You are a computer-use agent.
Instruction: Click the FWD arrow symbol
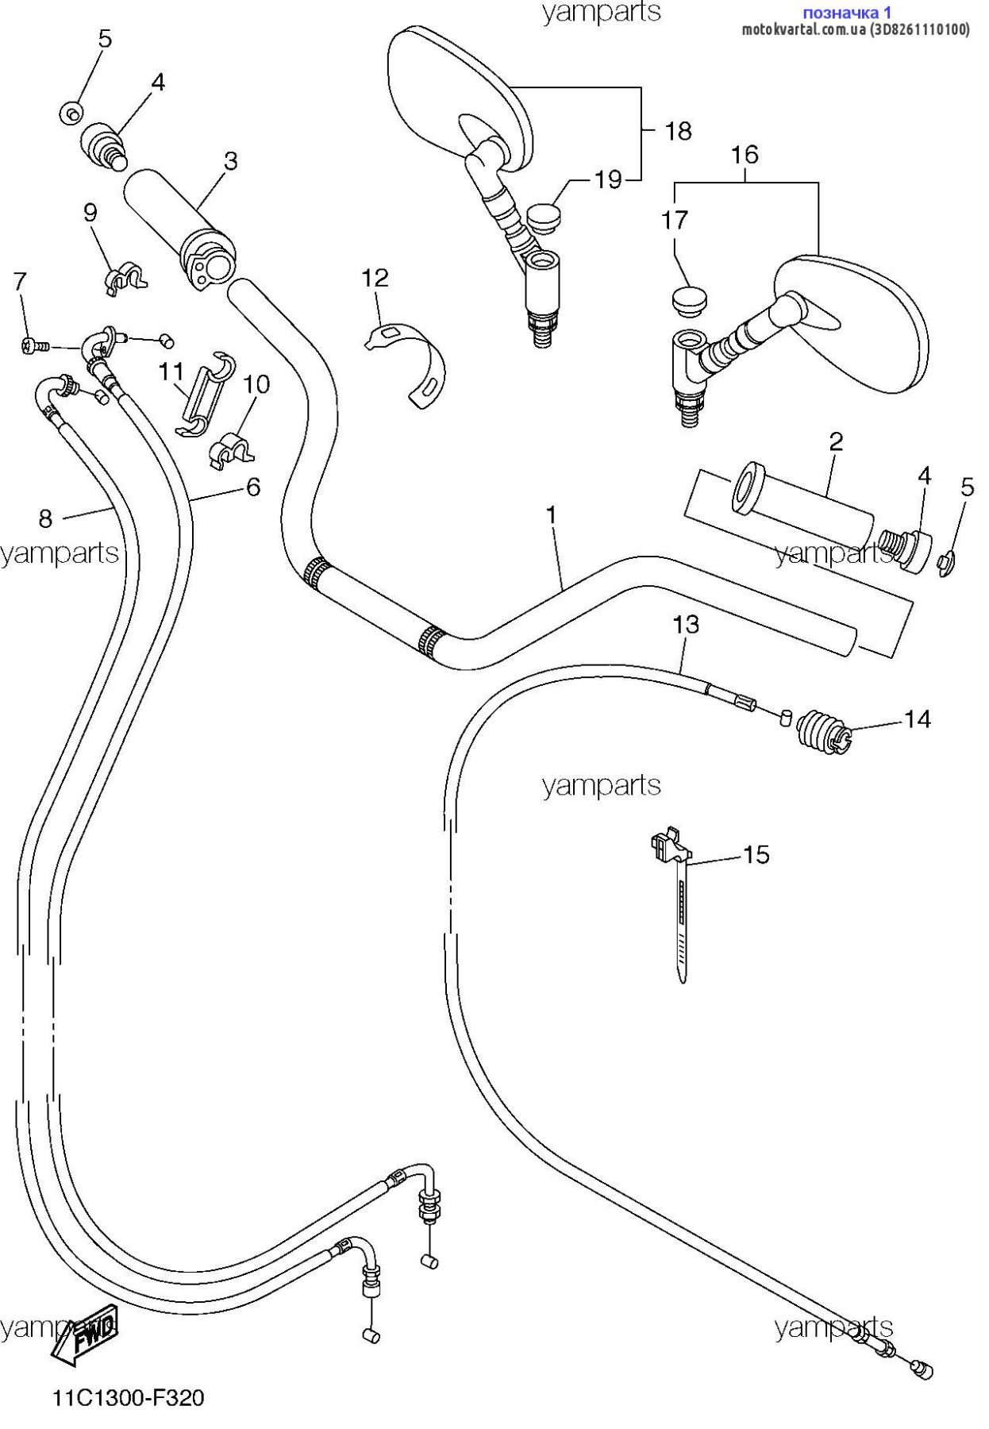[x=86, y=1336]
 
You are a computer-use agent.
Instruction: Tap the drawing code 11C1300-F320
[x=129, y=1397]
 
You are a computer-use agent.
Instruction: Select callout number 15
[x=756, y=854]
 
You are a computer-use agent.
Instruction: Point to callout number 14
[x=917, y=719]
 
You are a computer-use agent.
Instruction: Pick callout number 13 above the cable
[x=686, y=625]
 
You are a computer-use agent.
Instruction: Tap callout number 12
[x=375, y=278]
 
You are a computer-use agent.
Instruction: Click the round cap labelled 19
[x=543, y=216]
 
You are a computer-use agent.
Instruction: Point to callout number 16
[x=745, y=154]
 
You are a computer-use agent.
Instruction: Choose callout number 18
[x=679, y=131]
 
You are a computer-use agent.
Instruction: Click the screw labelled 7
[x=34, y=345]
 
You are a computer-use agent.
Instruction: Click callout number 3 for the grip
[x=230, y=161]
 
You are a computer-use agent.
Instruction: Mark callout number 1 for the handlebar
[x=552, y=515]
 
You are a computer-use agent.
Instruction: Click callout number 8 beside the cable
[x=45, y=518]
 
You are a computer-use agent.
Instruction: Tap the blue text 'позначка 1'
[x=848, y=12]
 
